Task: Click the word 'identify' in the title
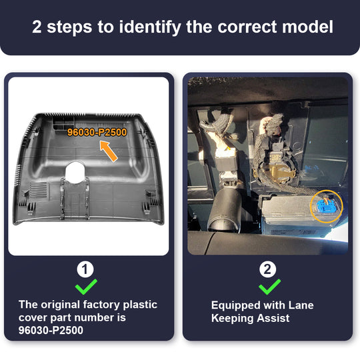click(x=150, y=27)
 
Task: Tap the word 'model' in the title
click(x=307, y=27)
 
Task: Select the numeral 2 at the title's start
click(x=37, y=27)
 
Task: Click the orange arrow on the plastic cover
click(x=109, y=151)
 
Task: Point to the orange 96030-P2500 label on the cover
click(x=97, y=132)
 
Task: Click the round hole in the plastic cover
click(x=75, y=172)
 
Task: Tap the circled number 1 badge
click(x=85, y=269)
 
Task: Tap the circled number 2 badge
click(x=267, y=269)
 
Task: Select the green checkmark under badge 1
click(x=86, y=287)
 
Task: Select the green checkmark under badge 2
click(x=269, y=287)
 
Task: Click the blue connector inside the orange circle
click(x=325, y=205)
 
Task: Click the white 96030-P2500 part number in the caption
click(x=51, y=330)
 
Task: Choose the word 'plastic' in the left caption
click(x=140, y=305)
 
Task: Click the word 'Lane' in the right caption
click(x=301, y=305)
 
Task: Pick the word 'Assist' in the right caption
click(x=273, y=318)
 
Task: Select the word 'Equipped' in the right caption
click(x=236, y=305)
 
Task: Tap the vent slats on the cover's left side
click(x=38, y=190)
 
